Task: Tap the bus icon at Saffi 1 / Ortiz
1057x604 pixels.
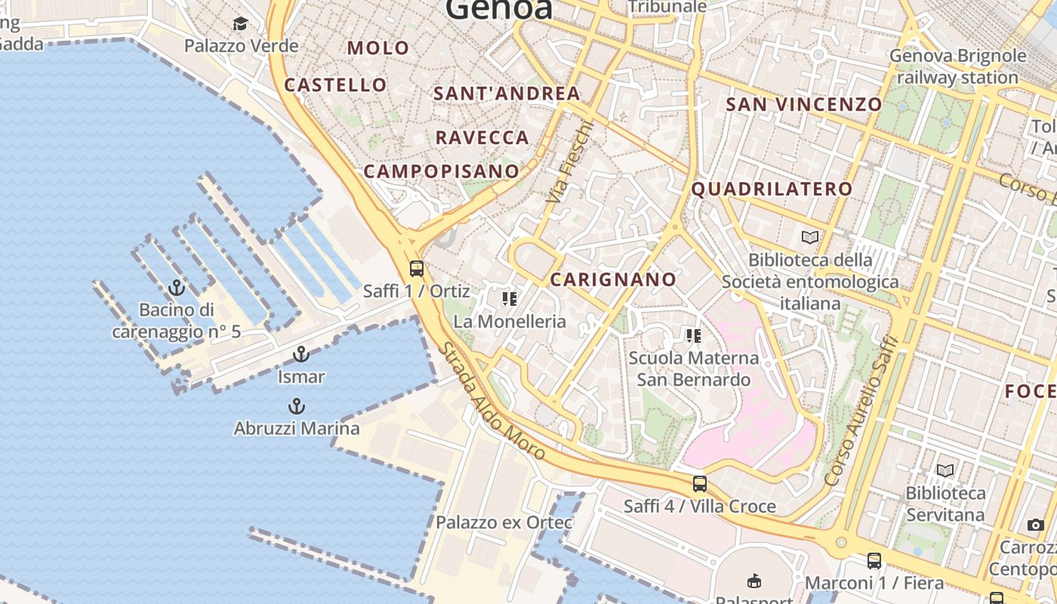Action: point(416,269)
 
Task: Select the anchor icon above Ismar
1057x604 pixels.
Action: point(301,354)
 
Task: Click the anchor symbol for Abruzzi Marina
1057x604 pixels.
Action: point(296,406)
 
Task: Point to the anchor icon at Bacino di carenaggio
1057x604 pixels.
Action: point(176,288)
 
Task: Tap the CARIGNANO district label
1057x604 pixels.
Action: point(613,279)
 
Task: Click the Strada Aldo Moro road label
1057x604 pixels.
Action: point(492,402)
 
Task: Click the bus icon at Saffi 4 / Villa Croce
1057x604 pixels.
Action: point(700,484)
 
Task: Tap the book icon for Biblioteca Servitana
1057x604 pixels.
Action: point(945,471)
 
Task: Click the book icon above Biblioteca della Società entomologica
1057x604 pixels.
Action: point(810,237)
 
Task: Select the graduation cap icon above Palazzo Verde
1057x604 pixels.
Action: point(240,24)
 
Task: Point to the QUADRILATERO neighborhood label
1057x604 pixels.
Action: point(772,189)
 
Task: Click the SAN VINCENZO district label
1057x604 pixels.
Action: point(803,104)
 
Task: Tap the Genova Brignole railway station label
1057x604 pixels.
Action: point(957,66)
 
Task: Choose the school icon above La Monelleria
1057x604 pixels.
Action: point(510,299)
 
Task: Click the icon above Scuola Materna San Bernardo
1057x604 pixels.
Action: point(693,336)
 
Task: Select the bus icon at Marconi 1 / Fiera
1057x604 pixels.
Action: point(874,561)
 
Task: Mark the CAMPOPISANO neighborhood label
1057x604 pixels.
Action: point(442,171)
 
